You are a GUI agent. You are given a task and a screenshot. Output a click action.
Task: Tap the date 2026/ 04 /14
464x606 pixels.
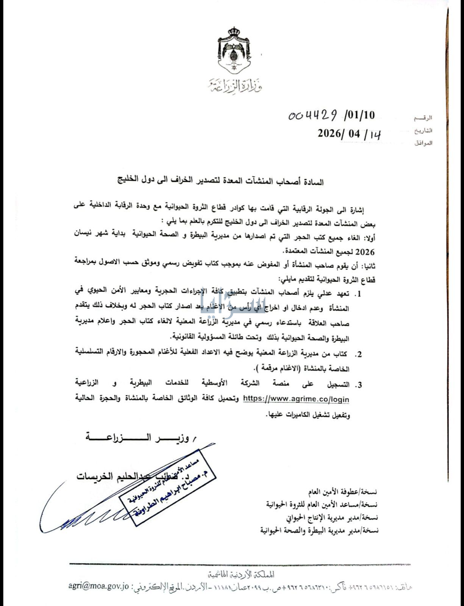point(349,134)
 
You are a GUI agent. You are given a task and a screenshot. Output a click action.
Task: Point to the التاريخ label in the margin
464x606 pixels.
point(423,131)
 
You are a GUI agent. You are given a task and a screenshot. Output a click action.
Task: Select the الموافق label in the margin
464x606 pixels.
point(423,143)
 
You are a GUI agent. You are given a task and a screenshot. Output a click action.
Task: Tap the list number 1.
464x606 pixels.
point(358,294)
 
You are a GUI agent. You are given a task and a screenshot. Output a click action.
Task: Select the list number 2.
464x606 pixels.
point(358,355)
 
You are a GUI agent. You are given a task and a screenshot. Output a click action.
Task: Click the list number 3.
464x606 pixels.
point(358,385)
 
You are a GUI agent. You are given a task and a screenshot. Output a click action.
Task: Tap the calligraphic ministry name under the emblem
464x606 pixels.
point(235,86)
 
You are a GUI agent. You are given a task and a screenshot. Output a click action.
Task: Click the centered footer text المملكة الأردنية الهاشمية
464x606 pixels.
point(243,575)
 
